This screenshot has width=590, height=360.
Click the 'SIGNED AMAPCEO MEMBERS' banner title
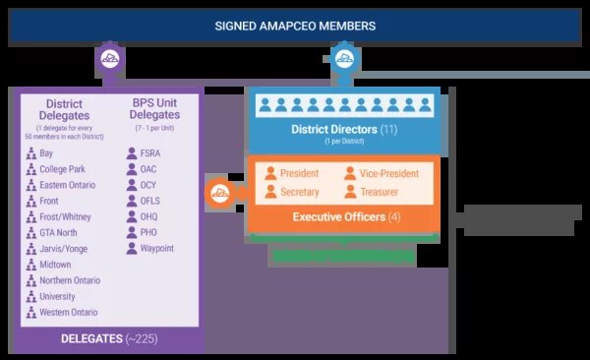(294, 24)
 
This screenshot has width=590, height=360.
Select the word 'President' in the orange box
(300, 174)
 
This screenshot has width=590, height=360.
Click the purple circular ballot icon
(108, 62)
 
